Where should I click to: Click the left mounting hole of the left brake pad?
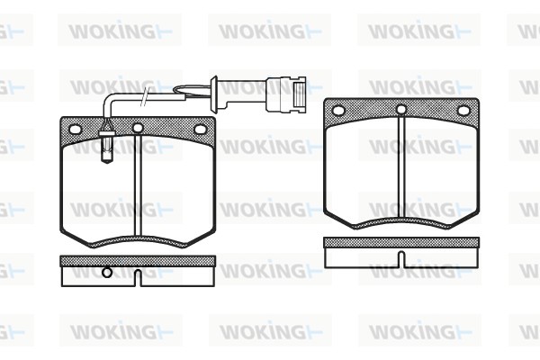point(75,130)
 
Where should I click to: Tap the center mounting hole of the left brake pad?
point(138,128)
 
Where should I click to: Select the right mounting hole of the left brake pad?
point(200,130)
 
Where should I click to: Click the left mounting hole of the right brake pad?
point(338,111)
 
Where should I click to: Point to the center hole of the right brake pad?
point(401,110)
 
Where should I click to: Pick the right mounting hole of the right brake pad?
point(463,111)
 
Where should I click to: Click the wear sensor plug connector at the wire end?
point(286,94)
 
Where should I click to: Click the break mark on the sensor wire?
point(145,97)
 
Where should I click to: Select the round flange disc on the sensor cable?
point(214,94)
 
